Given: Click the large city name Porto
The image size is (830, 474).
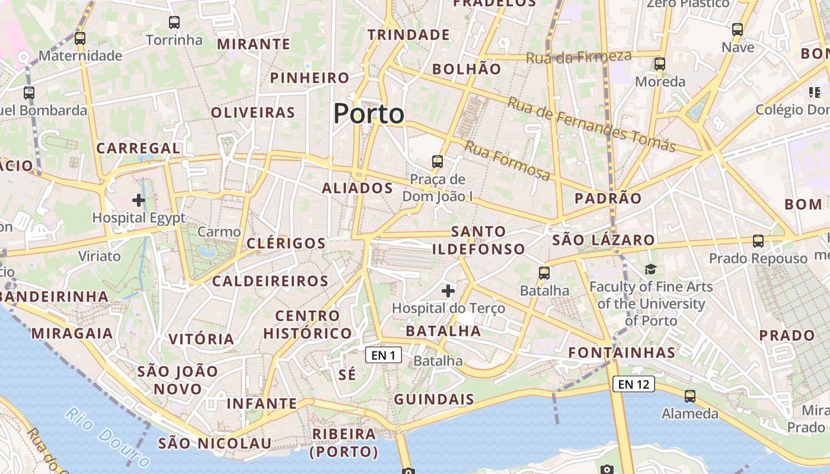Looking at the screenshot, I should coord(369,113).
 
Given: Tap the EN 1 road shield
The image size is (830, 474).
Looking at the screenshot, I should coord(384,355).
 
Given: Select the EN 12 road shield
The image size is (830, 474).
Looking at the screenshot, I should coord(633,384).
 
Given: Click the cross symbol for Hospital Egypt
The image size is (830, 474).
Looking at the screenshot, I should coord(139,200).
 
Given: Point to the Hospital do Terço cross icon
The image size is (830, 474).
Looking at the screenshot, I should coord(448,291).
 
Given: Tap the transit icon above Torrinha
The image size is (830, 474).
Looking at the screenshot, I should coord(174,23).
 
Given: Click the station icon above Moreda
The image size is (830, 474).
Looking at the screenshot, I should coord(660,64).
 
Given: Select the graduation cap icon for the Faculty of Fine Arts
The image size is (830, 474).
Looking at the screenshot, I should coord(651,270).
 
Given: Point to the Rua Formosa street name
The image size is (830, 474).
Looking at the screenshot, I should coord(507,160).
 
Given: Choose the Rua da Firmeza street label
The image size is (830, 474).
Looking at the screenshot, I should coord(579,57).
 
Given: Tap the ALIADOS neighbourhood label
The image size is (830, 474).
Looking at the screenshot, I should coord(357,188).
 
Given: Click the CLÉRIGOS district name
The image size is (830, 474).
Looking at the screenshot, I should coord(286,243).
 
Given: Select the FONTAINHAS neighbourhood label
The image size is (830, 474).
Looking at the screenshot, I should coord(622,353).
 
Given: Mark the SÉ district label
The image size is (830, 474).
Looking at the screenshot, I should coord(347,374).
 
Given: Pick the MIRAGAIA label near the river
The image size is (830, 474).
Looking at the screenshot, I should coord(72,333).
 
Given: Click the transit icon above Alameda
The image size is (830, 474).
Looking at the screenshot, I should coord(690,396).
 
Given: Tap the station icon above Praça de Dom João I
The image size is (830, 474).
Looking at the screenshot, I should coord(438,161).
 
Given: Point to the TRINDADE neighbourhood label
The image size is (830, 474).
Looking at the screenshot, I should coord(408,35).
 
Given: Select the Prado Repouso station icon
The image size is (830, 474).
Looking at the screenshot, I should coord(758,241).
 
